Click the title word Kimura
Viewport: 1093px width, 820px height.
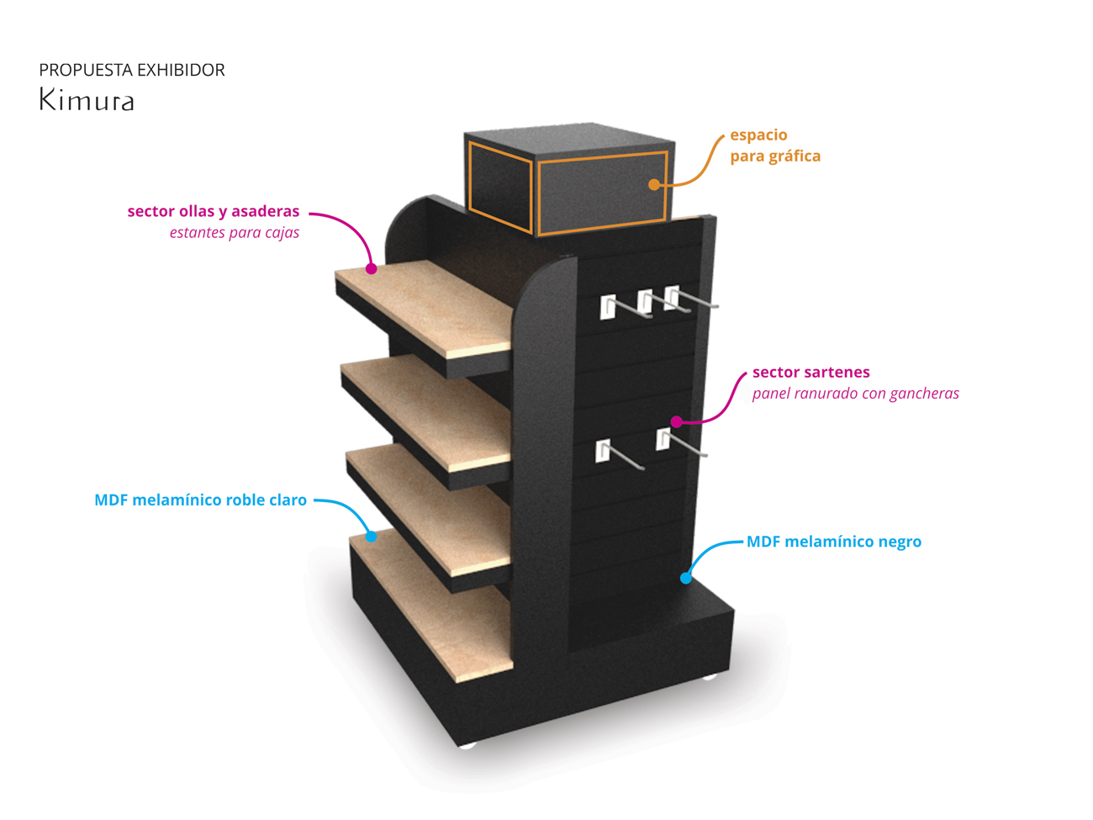pos(87,101)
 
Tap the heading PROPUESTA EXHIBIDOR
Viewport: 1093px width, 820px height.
pos(132,70)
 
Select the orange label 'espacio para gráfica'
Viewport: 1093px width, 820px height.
pos(774,145)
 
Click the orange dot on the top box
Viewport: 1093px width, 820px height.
pos(654,184)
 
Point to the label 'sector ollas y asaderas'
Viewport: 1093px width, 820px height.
pos(214,211)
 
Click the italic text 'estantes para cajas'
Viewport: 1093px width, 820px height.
pos(235,233)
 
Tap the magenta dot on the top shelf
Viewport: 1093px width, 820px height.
pos(371,269)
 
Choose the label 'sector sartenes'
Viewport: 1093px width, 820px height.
pos(811,372)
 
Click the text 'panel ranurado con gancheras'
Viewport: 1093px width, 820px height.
pos(855,394)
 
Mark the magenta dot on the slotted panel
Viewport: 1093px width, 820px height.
pos(676,421)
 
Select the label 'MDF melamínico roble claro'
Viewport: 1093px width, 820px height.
pos(200,500)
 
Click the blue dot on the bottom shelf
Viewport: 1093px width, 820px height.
pos(371,536)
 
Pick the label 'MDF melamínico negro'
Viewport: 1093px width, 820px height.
pos(834,542)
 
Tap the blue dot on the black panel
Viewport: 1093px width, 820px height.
pos(686,578)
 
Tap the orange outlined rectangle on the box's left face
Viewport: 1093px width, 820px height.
pos(501,187)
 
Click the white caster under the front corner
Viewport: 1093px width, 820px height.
pos(467,743)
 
